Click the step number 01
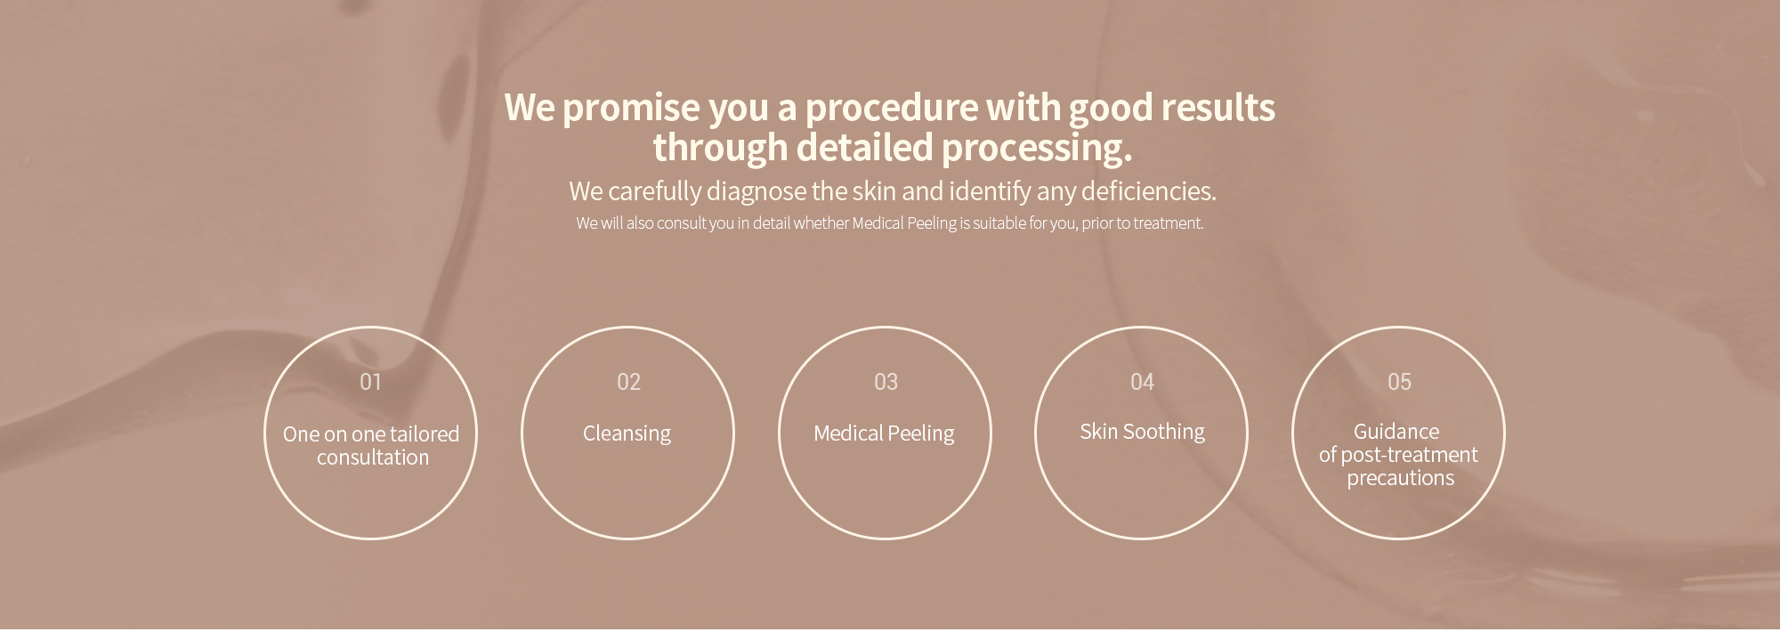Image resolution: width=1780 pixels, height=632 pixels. click(370, 382)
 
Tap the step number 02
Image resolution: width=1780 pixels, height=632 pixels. click(628, 382)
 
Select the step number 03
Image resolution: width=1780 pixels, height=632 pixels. click(886, 382)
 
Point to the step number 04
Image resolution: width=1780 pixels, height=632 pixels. click(1142, 382)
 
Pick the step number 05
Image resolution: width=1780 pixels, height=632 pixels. click(1399, 382)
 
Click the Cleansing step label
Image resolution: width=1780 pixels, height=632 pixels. click(627, 433)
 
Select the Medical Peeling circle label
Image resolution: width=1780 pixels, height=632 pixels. click(884, 433)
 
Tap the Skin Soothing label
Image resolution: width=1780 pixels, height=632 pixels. click(1142, 432)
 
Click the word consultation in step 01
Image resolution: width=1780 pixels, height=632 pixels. click(373, 458)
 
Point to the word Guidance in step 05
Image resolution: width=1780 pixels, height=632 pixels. click(1396, 432)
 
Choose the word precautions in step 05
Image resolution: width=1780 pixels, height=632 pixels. click(1400, 478)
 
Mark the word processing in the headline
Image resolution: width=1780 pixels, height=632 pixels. click(1037, 149)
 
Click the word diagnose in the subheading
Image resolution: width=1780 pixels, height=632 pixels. click(756, 192)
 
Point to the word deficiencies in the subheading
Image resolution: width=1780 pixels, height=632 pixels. click(1148, 191)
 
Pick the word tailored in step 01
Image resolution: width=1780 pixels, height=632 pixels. click(425, 434)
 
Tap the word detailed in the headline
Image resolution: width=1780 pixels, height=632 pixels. click(864, 147)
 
